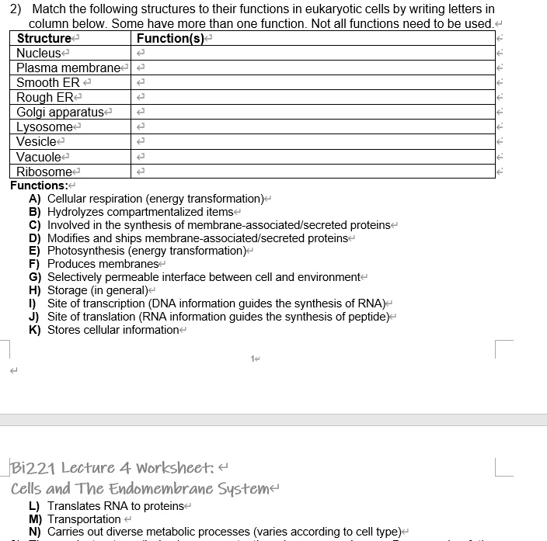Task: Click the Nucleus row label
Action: (x=40, y=53)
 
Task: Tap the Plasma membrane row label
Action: (x=68, y=68)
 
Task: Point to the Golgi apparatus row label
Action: (x=60, y=112)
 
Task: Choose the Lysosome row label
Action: (x=44, y=127)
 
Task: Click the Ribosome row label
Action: (x=44, y=171)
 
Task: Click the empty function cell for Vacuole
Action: (x=311, y=156)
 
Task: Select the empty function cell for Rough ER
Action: (x=311, y=97)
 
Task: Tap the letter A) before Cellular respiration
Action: (x=35, y=199)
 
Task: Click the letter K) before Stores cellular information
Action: (x=35, y=330)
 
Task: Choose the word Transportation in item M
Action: (x=84, y=518)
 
